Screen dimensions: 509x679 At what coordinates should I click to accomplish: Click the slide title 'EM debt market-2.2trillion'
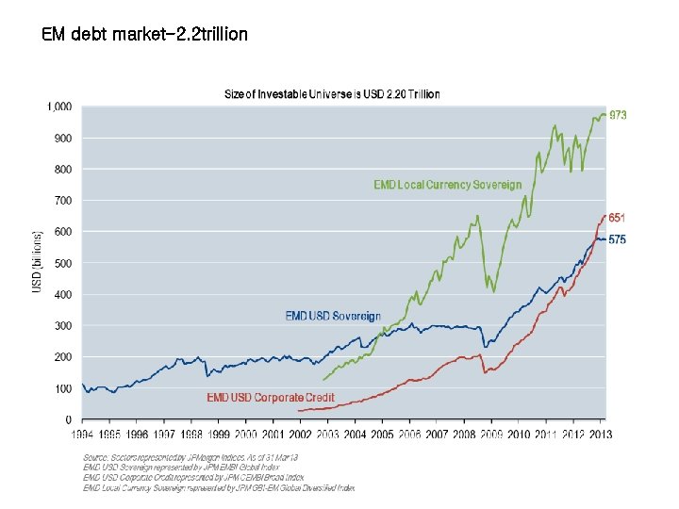pyautogui.click(x=145, y=35)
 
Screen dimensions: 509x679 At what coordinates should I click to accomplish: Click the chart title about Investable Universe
pyautogui.click(x=331, y=94)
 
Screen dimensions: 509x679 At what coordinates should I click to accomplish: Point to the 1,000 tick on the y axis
pyautogui.click(x=59, y=107)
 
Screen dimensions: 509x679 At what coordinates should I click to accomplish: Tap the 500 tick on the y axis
pyautogui.click(x=64, y=263)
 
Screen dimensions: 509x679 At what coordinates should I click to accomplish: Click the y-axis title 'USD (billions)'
pyautogui.click(x=38, y=261)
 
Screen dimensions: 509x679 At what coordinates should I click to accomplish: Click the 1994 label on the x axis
pyautogui.click(x=83, y=435)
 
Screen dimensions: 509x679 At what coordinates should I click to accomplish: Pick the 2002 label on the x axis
pyautogui.click(x=299, y=435)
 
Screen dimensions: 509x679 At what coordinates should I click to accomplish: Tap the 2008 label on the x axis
pyautogui.click(x=464, y=435)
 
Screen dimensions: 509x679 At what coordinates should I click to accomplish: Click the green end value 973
pyautogui.click(x=618, y=115)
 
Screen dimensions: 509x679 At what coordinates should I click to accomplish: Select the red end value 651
pyautogui.click(x=617, y=218)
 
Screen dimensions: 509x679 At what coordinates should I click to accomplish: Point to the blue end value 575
pyautogui.click(x=617, y=239)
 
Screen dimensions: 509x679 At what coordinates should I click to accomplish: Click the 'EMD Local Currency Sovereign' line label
pyautogui.click(x=447, y=185)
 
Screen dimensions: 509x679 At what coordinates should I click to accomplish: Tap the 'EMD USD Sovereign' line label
pyautogui.click(x=333, y=316)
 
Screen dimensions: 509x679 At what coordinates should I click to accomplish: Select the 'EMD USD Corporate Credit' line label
pyautogui.click(x=271, y=398)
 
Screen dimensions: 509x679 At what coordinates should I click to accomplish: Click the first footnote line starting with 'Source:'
pyautogui.click(x=190, y=457)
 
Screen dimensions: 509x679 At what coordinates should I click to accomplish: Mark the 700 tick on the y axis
pyautogui.click(x=64, y=201)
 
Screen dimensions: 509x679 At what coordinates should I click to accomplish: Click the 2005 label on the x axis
pyautogui.click(x=382, y=435)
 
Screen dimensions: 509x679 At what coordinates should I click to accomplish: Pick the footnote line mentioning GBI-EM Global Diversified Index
pyautogui.click(x=219, y=488)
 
